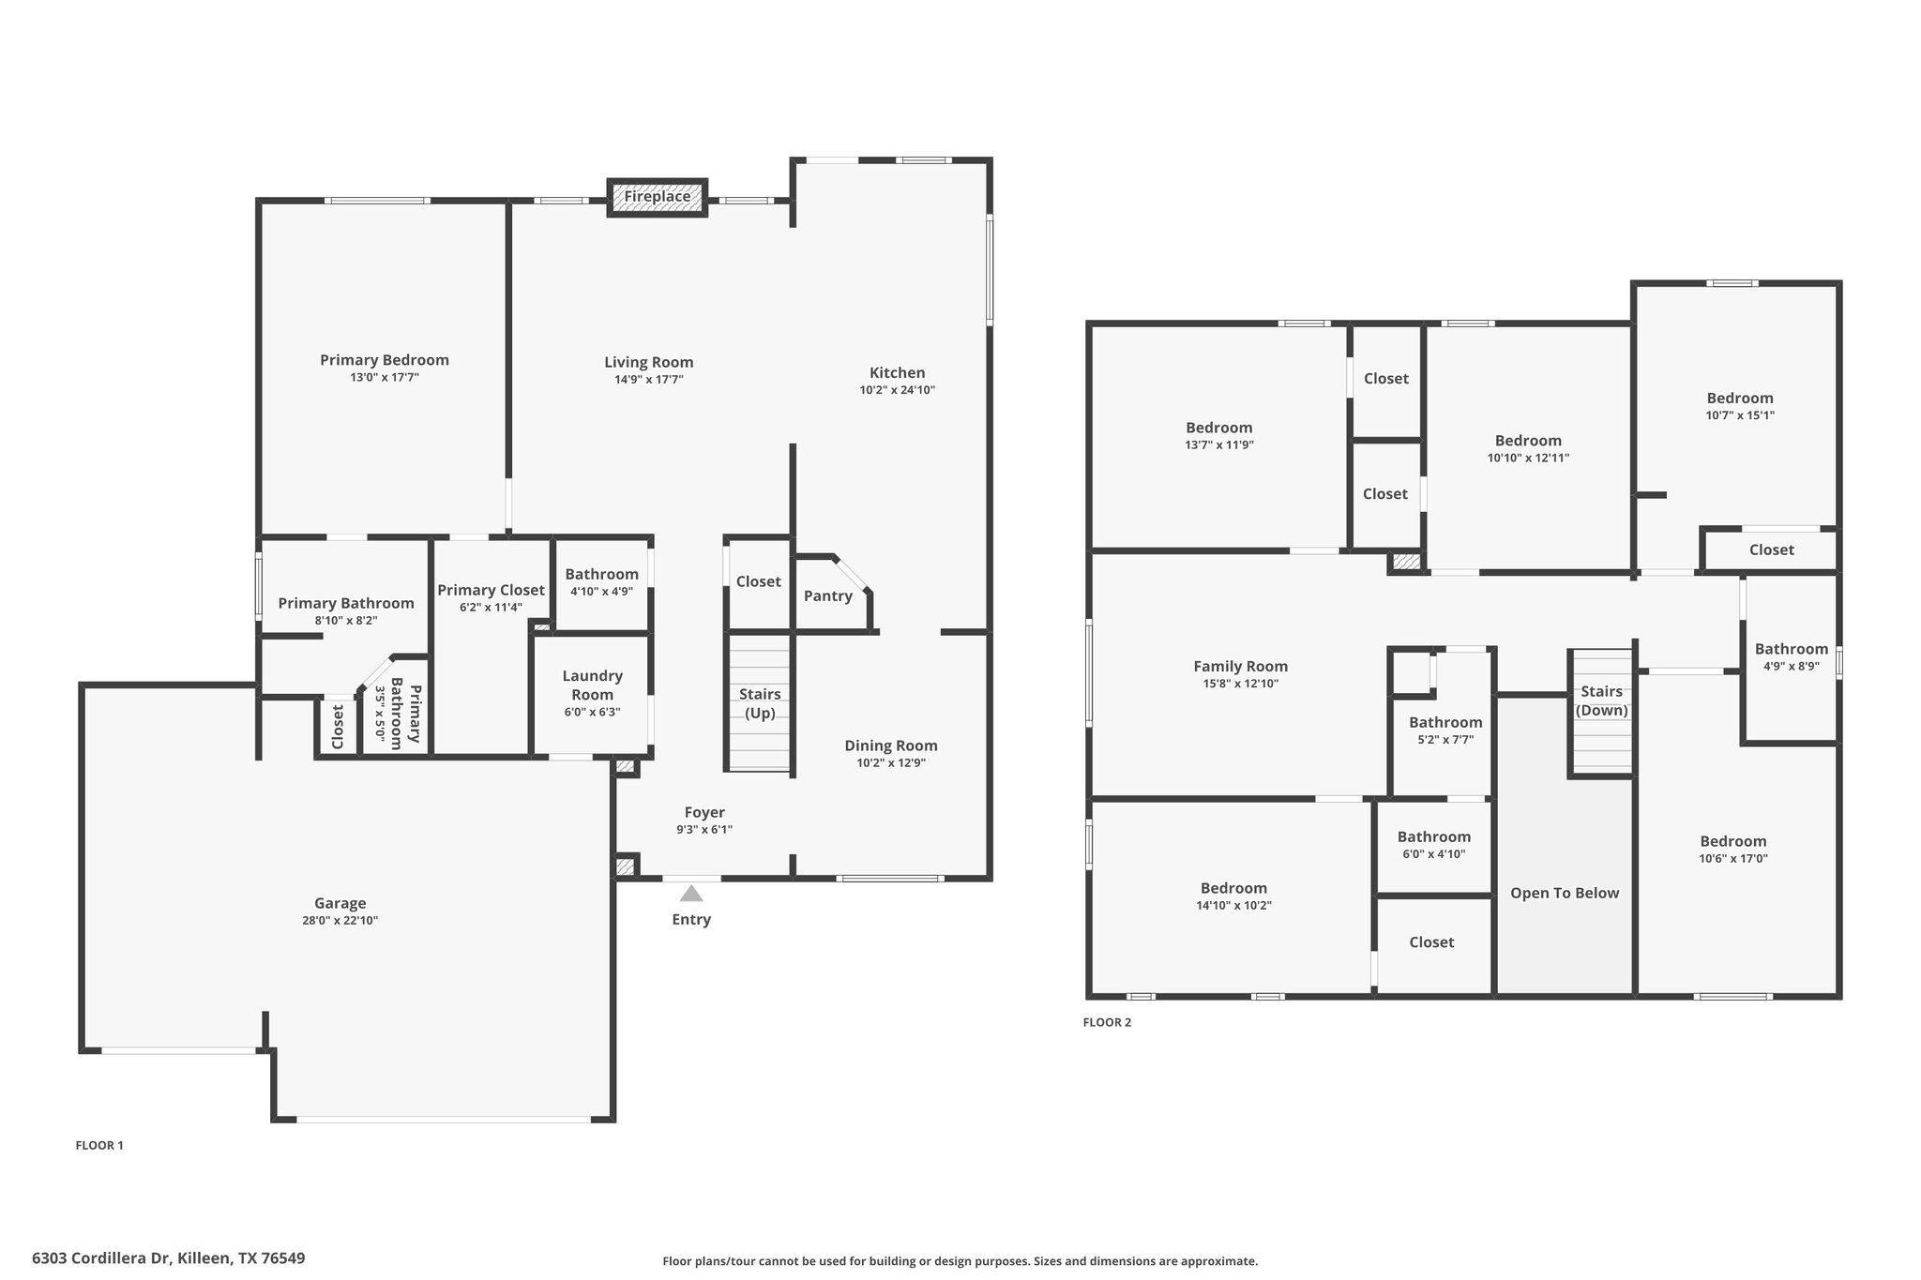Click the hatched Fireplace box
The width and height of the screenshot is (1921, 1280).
click(x=657, y=197)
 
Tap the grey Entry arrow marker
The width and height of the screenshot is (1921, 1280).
click(x=691, y=893)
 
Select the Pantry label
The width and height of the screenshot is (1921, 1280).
click(x=828, y=596)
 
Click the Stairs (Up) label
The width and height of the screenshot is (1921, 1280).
click(x=760, y=703)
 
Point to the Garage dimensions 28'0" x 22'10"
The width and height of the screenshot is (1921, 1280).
click(x=340, y=921)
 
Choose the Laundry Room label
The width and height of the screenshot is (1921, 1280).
click(x=592, y=685)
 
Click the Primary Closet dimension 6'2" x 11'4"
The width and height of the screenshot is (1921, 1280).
click(x=492, y=608)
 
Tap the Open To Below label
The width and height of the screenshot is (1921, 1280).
click(x=1565, y=894)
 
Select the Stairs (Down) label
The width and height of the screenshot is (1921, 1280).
click(x=1602, y=701)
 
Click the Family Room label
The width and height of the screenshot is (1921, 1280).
click(x=1240, y=667)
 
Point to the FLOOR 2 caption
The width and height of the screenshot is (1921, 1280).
click(x=1107, y=1022)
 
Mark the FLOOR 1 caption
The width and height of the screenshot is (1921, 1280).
click(x=99, y=1145)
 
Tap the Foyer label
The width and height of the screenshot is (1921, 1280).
click(x=704, y=813)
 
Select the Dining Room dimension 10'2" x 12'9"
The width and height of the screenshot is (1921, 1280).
click(x=891, y=763)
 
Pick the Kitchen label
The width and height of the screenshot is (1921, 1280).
click(x=897, y=373)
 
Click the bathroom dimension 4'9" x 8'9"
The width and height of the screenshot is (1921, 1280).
click(x=1792, y=667)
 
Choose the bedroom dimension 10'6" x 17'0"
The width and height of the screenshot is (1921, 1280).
click(x=1733, y=858)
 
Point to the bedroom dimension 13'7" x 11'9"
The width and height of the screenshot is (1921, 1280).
click(x=1219, y=445)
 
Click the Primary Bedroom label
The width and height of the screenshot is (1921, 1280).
click(x=385, y=360)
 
